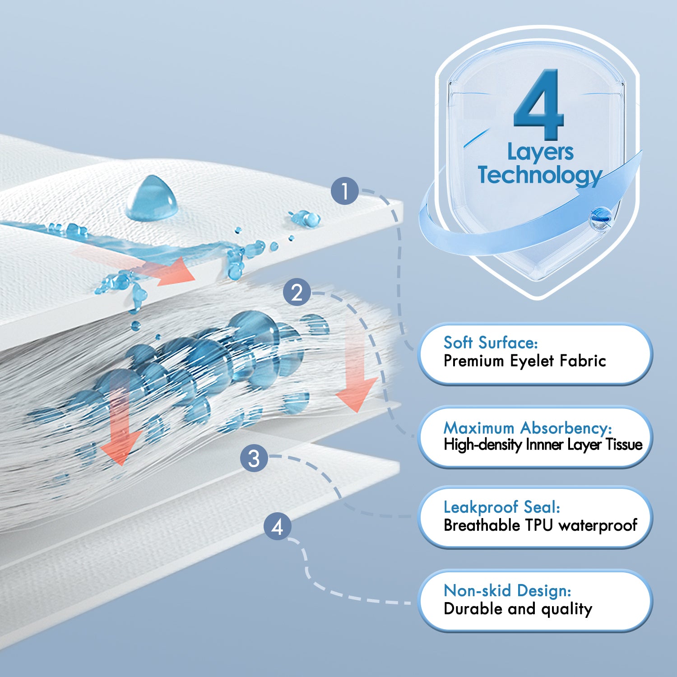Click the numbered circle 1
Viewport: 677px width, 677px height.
[x=345, y=191]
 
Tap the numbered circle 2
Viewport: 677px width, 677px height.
[x=297, y=292]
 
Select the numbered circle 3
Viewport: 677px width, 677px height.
[x=254, y=459]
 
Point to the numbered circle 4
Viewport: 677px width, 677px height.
[x=278, y=526]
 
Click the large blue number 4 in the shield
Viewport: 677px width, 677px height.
[x=539, y=105]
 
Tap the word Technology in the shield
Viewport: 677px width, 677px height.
[x=540, y=175]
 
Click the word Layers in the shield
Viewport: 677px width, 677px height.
[x=540, y=153]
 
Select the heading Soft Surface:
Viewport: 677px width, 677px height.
[x=491, y=343]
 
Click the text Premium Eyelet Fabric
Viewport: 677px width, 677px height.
[x=524, y=361]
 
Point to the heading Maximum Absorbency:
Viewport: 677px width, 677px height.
[x=528, y=427]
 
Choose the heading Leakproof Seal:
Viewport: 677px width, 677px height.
[x=502, y=507]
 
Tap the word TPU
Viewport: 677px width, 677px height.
[x=539, y=525]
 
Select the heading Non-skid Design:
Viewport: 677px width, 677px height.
[x=508, y=590]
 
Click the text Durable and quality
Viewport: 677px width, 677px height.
[x=518, y=609]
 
